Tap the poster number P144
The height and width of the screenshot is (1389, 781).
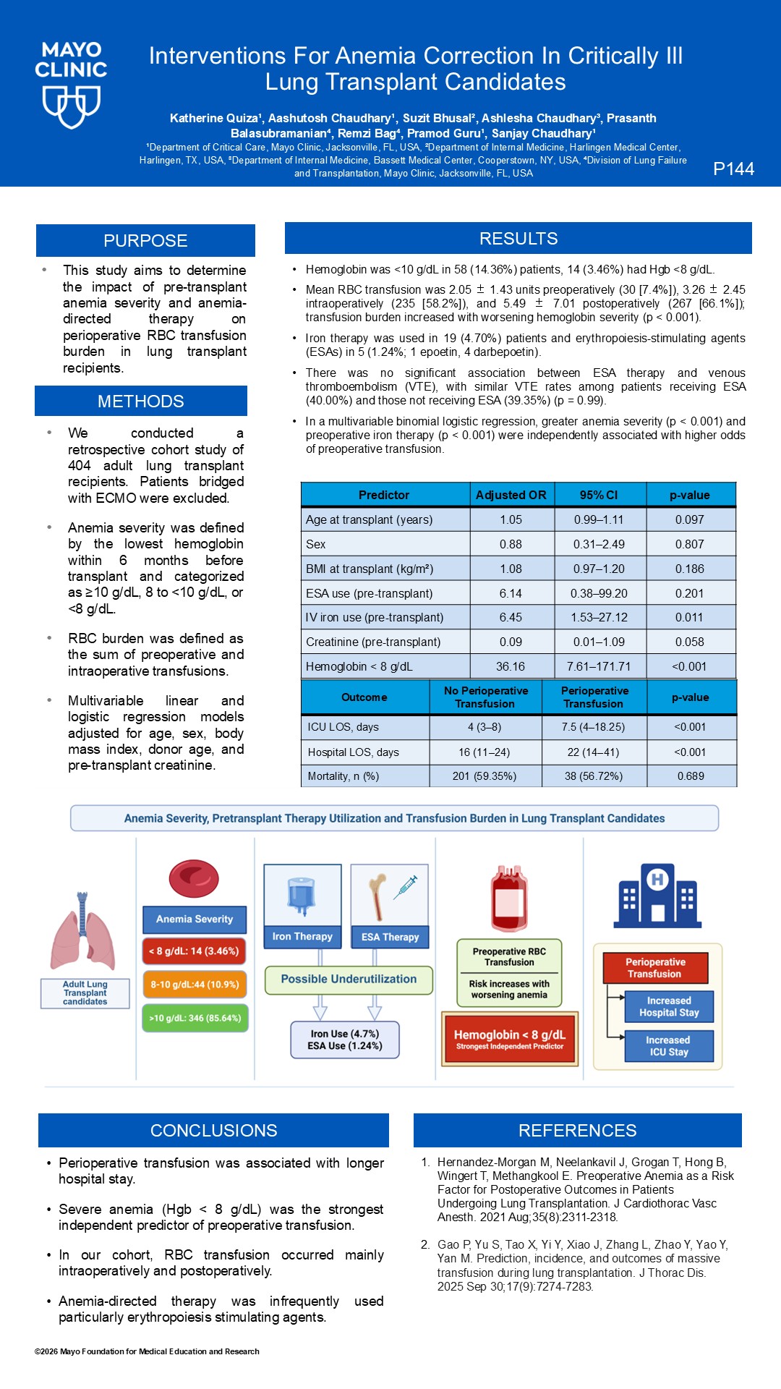point(733,169)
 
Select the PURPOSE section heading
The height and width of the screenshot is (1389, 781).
point(145,241)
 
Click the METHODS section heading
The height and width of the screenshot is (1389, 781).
point(141,402)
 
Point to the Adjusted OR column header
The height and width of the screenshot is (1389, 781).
point(511,495)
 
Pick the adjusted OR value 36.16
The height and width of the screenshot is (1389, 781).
point(511,666)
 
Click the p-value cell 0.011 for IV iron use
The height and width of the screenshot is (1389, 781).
point(689,617)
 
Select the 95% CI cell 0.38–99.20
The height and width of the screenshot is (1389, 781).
point(599,593)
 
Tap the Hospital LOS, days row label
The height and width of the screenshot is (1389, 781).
point(354,752)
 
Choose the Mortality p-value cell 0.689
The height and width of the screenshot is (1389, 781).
point(691,776)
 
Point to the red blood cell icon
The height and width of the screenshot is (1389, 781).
point(194,878)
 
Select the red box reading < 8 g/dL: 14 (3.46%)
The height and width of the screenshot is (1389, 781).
point(194,951)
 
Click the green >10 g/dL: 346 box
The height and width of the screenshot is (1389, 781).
point(195,1018)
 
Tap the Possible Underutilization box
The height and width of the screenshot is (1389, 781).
point(349,980)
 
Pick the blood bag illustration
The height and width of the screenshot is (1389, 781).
point(509,898)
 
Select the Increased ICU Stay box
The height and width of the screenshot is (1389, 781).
point(669,1046)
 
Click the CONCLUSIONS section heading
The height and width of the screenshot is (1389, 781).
point(213,1131)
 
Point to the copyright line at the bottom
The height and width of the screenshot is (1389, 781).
point(147,1351)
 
